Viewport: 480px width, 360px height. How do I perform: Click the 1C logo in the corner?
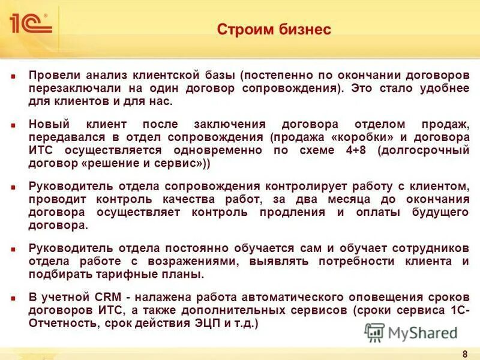(30, 23)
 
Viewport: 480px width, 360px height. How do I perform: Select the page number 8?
(465, 353)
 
